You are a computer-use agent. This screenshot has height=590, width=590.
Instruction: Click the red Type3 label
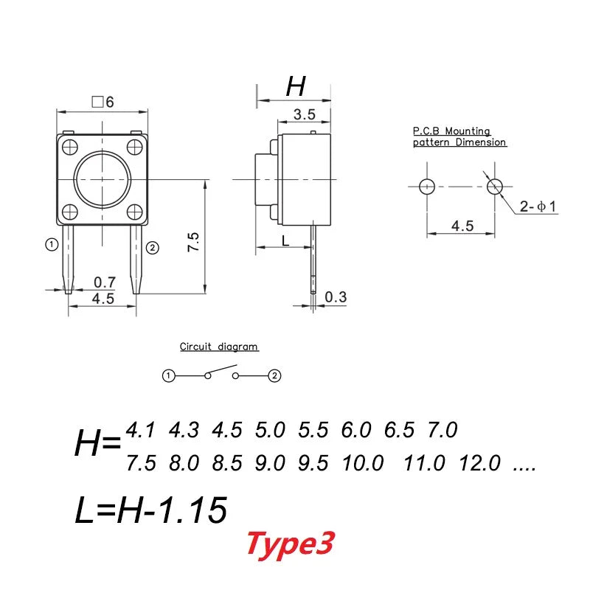(x=290, y=544)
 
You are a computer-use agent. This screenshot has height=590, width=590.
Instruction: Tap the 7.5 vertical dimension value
(x=193, y=242)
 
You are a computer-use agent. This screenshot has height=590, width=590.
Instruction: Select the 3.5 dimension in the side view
(x=304, y=114)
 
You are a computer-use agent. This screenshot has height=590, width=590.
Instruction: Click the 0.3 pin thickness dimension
(x=336, y=297)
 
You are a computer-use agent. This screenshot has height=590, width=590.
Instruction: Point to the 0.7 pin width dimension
(x=104, y=282)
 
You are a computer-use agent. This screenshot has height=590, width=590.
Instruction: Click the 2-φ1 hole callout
(x=538, y=206)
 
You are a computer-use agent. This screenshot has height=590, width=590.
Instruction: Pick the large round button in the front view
(x=103, y=180)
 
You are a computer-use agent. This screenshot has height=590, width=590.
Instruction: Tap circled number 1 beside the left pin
(x=52, y=245)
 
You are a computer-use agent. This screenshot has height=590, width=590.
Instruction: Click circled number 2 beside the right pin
(x=153, y=248)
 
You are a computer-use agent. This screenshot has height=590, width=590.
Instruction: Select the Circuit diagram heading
(x=218, y=347)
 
